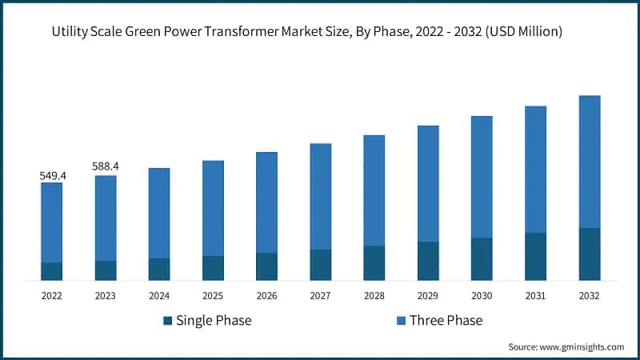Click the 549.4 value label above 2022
pyautogui.click(x=52, y=174)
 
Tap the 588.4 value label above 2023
pyautogui.click(x=106, y=166)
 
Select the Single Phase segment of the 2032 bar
pyautogui.click(x=590, y=254)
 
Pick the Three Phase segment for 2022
pyautogui.click(x=52, y=222)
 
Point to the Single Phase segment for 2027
pyautogui.click(x=321, y=265)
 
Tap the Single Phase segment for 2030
pyautogui.click(x=482, y=259)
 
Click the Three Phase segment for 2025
pyautogui.click(x=213, y=208)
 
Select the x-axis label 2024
pyautogui.click(x=159, y=295)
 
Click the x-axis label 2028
pyautogui.click(x=374, y=295)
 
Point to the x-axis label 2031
pyautogui.click(x=535, y=295)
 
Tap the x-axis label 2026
pyautogui.click(x=266, y=295)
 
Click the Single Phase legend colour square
pyautogui.click(x=168, y=321)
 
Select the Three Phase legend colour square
pyautogui.click(x=401, y=321)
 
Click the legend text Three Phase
pyautogui.click(x=446, y=321)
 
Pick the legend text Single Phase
pyautogui.click(x=214, y=321)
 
